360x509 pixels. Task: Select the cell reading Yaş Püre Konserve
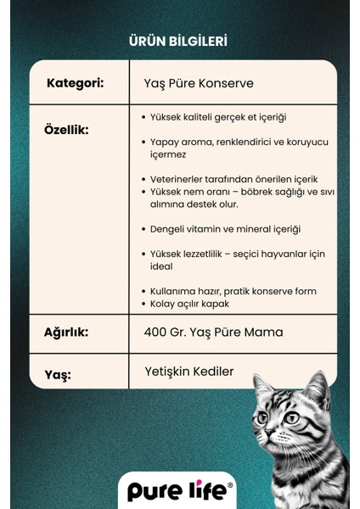[199, 83]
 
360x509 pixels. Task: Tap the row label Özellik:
[66, 131]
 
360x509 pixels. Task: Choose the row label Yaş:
[58, 374]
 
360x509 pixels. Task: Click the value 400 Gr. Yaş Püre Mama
[213, 333]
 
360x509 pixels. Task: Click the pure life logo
[179, 491]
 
